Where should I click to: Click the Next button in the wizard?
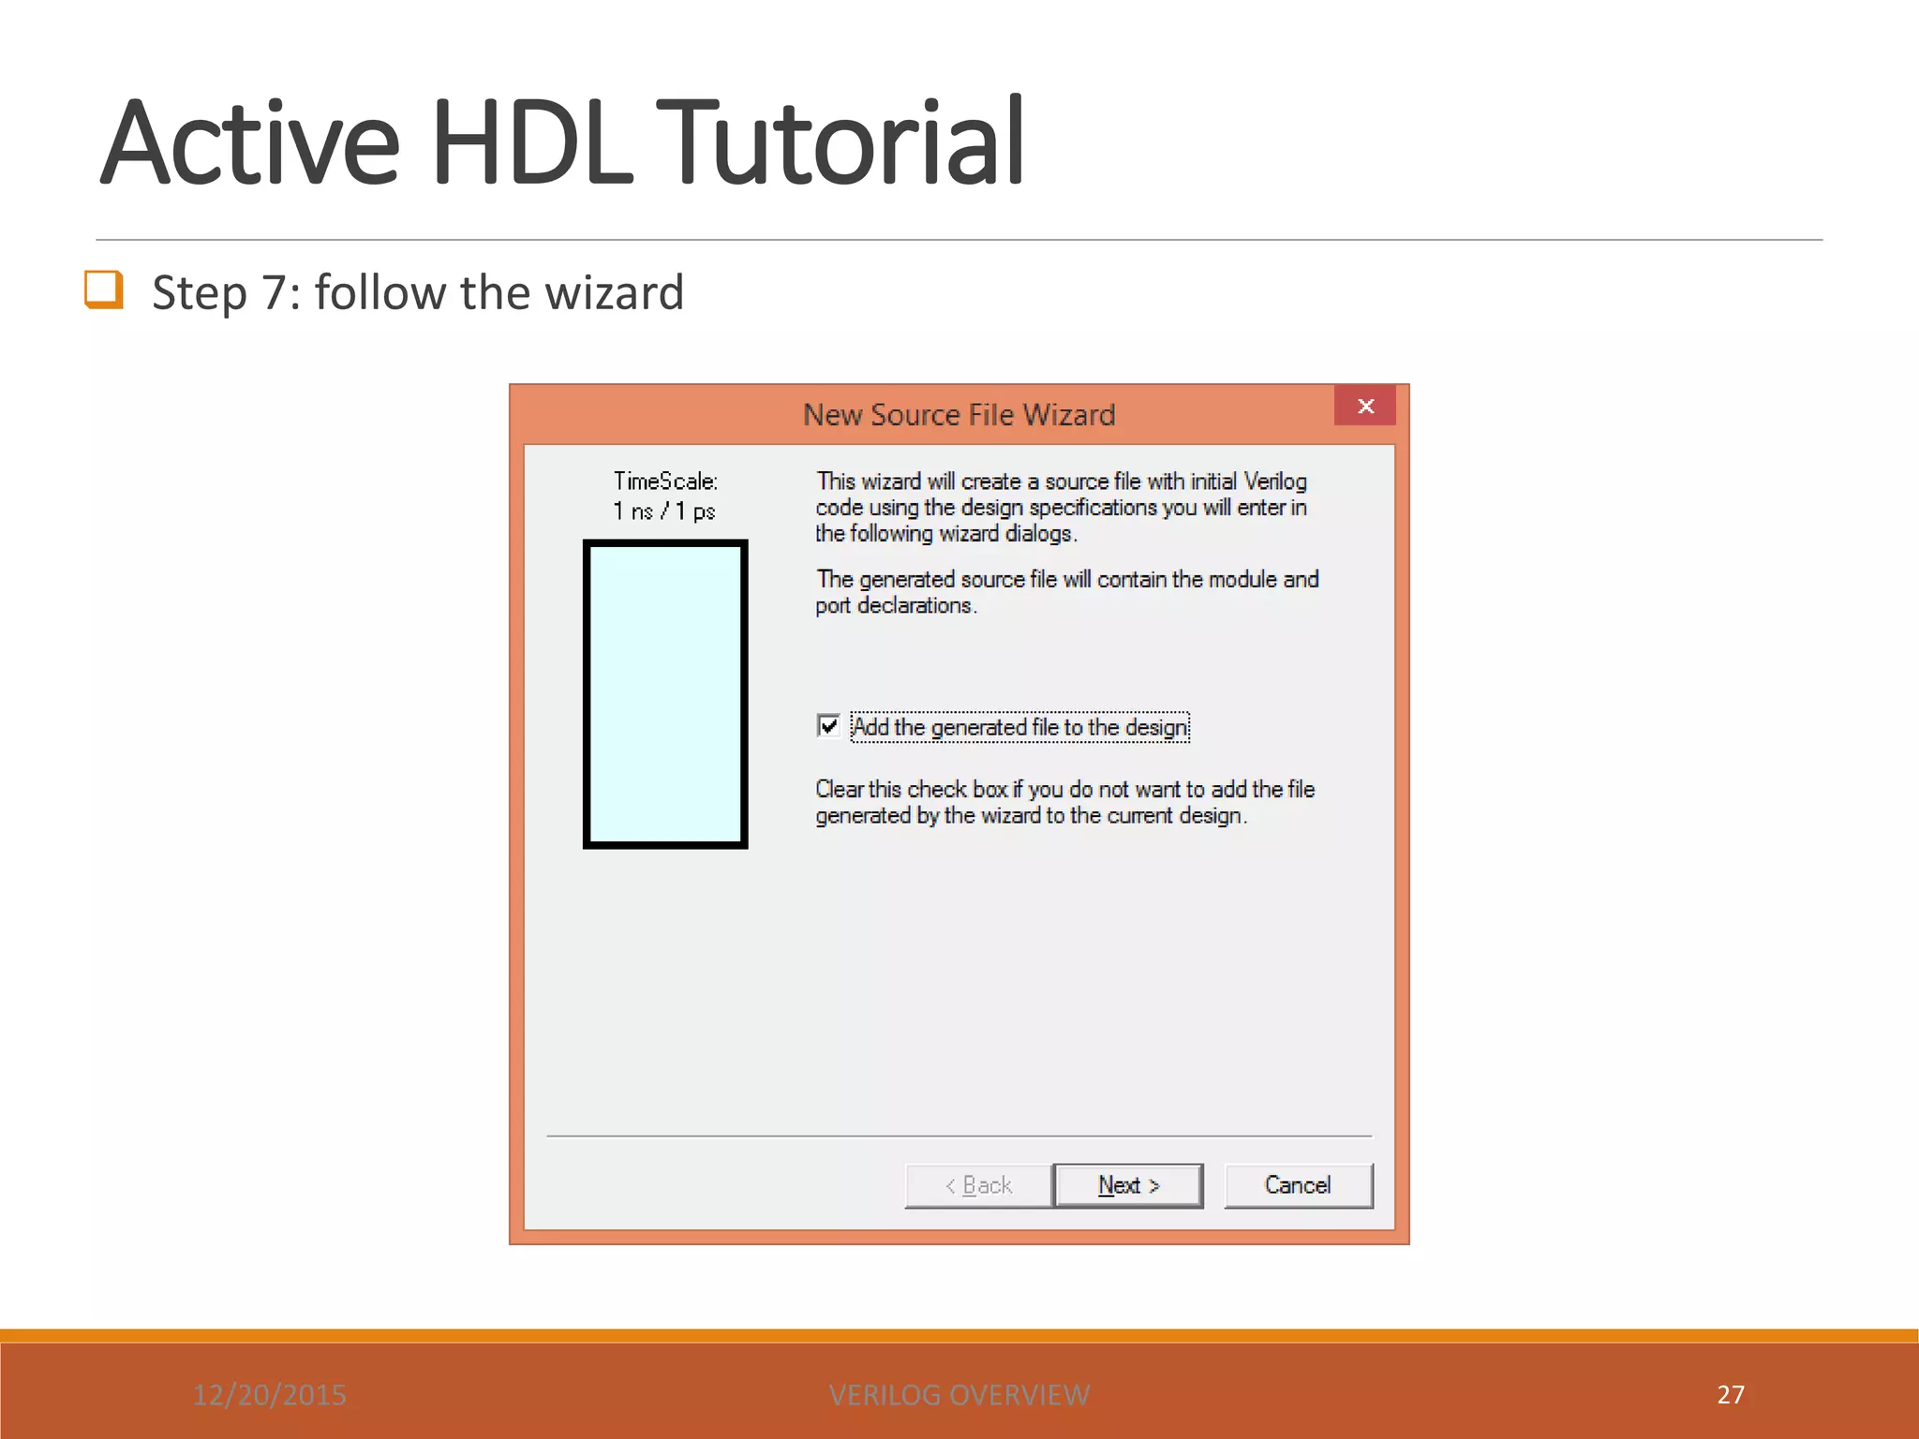pyautogui.click(x=1128, y=1186)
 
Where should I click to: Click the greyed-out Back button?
pyautogui.click(x=978, y=1186)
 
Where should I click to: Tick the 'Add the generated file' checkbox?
pyautogui.click(x=828, y=726)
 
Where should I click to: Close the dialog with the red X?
pyautogui.click(x=1365, y=407)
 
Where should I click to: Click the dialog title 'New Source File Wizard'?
pyautogui.click(x=959, y=415)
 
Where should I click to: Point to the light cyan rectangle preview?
pyautogui.click(x=665, y=694)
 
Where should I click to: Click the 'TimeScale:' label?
pyautogui.click(x=665, y=482)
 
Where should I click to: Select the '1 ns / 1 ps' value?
pyautogui.click(x=664, y=512)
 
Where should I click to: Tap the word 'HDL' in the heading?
pyautogui.click(x=531, y=144)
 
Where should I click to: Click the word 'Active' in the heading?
pyautogui.click(x=251, y=144)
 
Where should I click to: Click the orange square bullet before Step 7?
pyautogui.click(x=103, y=289)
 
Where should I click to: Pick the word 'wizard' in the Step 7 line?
pyautogui.click(x=615, y=293)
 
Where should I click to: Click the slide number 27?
pyautogui.click(x=1731, y=1395)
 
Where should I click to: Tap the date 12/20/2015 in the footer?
pyautogui.click(x=270, y=1395)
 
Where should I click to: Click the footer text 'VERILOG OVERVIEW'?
pyautogui.click(x=959, y=1395)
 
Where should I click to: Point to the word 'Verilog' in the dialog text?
pyautogui.click(x=1274, y=482)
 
